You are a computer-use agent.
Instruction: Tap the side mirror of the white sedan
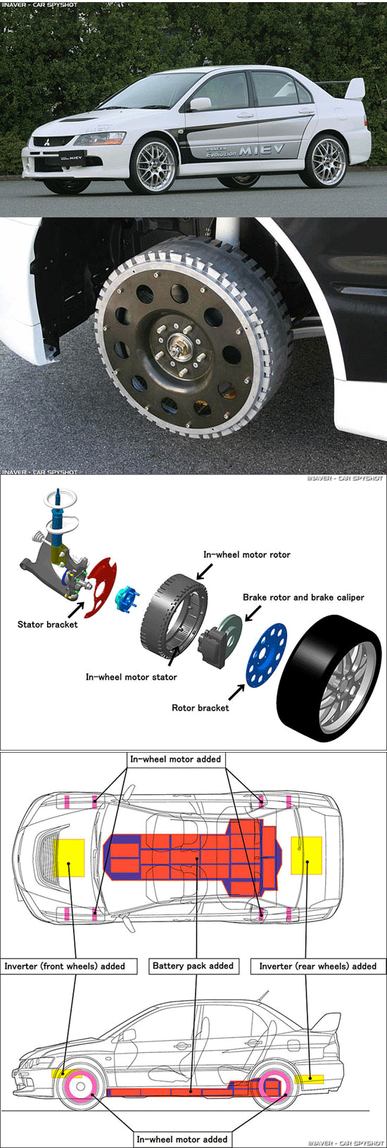click(x=200, y=104)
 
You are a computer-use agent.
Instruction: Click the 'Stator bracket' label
click(x=47, y=624)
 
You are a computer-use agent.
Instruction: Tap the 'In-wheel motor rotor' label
click(x=246, y=554)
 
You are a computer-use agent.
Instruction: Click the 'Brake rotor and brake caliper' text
click(x=303, y=597)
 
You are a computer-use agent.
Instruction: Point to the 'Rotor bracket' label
click(x=200, y=708)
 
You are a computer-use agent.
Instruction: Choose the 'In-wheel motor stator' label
click(x=131, y=677)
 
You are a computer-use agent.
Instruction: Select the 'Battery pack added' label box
click(x=193, y=966)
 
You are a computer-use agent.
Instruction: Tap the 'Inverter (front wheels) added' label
click(x=69, y=966)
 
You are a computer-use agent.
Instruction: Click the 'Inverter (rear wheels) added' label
click(x=318, y=966)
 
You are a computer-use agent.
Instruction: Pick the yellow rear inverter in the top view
click(x=307, y=855)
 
